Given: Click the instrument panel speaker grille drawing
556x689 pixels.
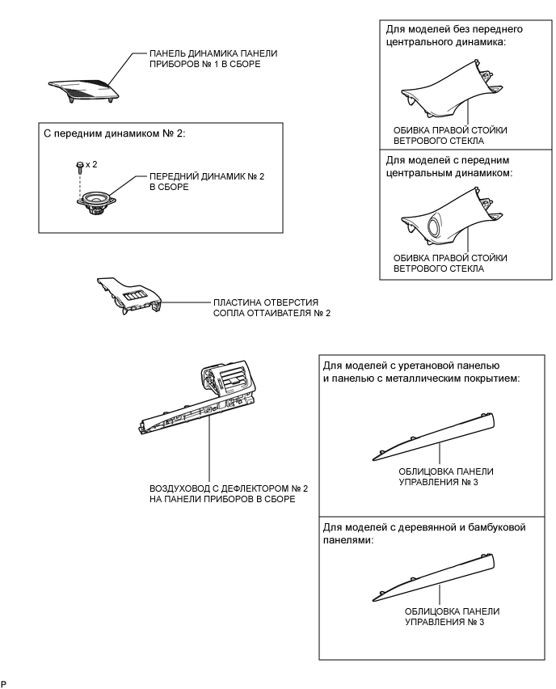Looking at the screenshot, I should click(85, 84).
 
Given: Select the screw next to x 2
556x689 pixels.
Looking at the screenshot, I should click(79, 165).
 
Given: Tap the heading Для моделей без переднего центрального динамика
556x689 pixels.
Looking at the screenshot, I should click(453, 36).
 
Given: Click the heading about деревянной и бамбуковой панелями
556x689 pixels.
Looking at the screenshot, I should click(424, 534).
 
